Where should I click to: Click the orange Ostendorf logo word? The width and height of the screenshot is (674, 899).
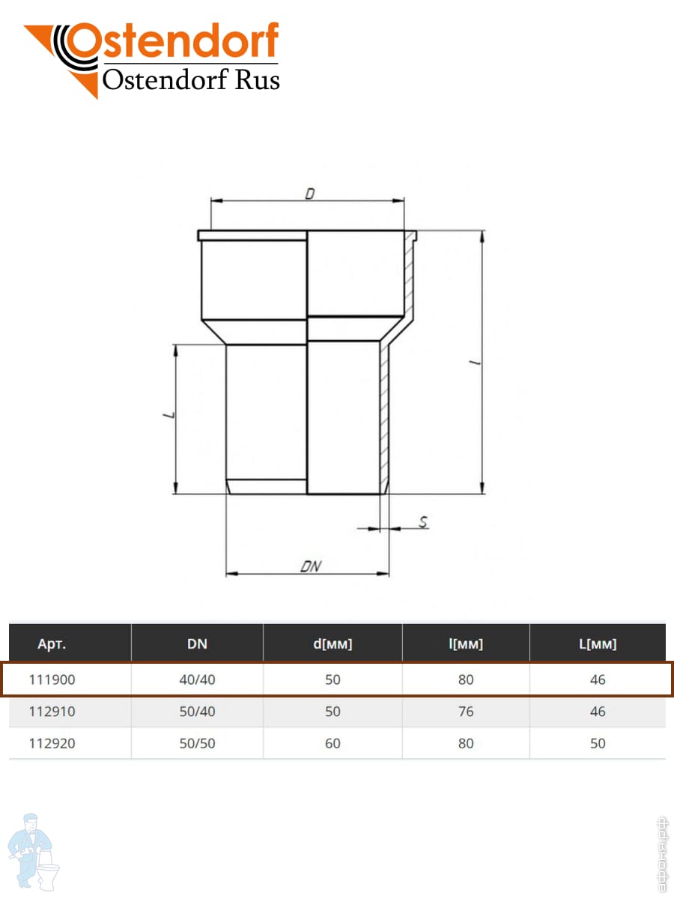coord(172,41)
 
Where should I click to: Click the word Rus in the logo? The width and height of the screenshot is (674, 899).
coord(258,79)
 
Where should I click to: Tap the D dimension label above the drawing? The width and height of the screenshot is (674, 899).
coord(310,193)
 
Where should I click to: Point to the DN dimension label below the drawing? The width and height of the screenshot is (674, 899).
coord(311,566)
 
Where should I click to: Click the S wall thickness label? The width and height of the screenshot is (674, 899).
coord(423,521)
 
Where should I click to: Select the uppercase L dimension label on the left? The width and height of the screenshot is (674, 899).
coord(169,415)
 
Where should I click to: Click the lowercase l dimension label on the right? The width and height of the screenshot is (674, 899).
coord(475,363)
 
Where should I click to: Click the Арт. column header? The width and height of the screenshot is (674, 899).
coord(52,644)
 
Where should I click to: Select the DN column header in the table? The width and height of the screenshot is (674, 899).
coord(197,644)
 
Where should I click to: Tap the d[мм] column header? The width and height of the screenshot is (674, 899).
coord(333,644)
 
